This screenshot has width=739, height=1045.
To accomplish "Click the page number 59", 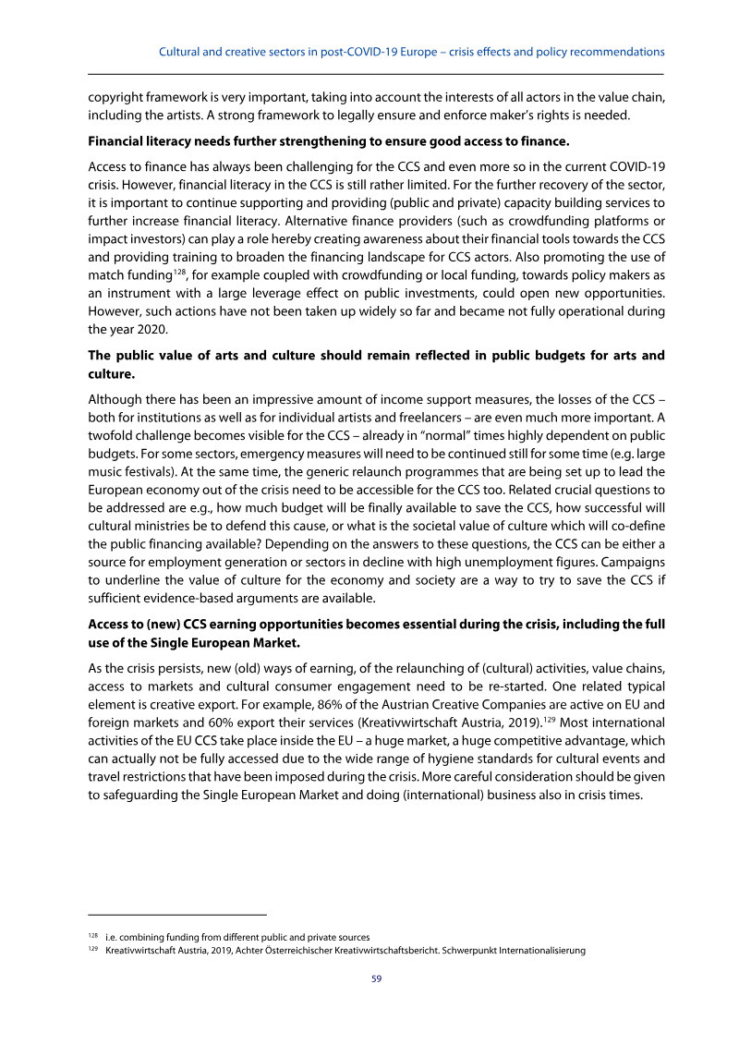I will tap(376, 979).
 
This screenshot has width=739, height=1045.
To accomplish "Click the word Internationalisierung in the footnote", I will tap(536, 951).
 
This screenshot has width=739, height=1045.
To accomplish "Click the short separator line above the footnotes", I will tap(176, 914).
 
